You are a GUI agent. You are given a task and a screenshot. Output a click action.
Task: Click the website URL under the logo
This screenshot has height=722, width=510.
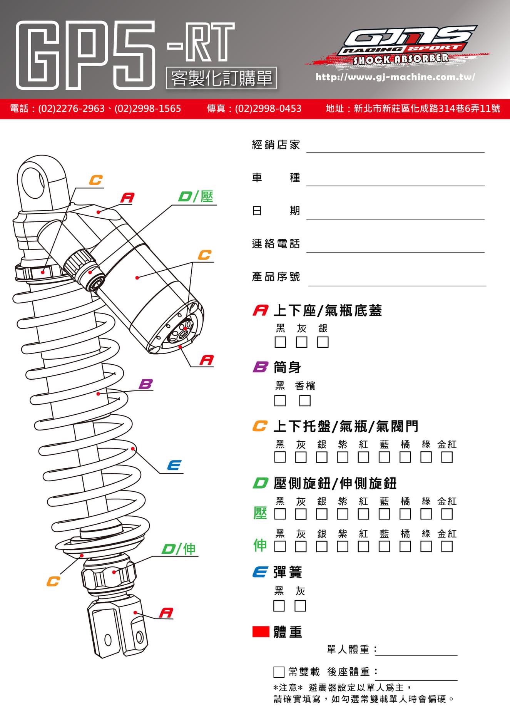click(x=395, y=77)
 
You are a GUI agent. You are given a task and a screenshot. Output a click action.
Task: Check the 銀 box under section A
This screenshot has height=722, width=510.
click(x=323, y=342)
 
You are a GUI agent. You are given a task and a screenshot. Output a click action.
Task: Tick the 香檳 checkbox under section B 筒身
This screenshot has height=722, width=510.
click(x=305, y=400)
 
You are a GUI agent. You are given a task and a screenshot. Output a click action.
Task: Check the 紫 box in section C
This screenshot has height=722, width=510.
click(x=343, y=457)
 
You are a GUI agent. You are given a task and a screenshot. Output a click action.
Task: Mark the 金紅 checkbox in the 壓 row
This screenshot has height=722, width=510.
click(x=447, y=514)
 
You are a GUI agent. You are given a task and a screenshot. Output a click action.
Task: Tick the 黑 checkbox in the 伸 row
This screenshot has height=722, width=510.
click(x=280, y=546)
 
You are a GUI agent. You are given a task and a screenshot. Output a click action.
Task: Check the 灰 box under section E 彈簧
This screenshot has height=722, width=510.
click(x=300, y=606)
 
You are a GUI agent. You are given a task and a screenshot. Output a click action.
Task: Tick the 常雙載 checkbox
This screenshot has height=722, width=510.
click(x=279, y=672)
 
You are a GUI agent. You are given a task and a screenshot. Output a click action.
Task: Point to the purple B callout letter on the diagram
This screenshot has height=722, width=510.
click(x=146, y=384)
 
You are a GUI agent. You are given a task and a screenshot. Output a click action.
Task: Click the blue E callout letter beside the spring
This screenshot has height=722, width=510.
click(x=174, y=466)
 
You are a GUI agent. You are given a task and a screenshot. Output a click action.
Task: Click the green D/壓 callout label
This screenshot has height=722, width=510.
click(x=196, y=197)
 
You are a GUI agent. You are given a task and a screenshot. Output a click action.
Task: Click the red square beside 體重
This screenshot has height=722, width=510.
click(x=261, y=632)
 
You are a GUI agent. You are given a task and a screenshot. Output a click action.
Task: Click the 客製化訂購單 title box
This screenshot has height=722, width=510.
click(x=221, y=79)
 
